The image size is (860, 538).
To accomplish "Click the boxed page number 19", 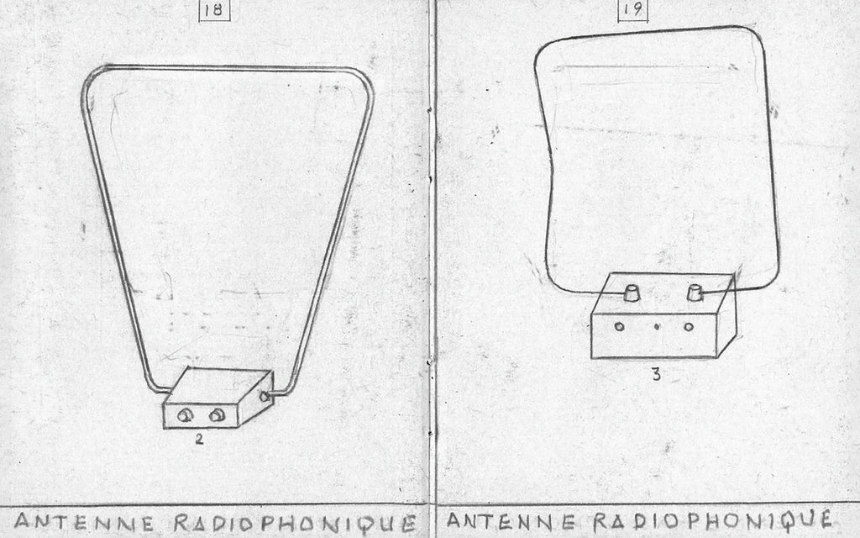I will [x=633, y=11].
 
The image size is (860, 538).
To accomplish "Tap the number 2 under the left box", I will [x=199, y=437].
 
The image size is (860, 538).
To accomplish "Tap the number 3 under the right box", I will [x=656, y=375].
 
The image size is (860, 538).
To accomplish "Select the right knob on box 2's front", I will [x=217, y=414].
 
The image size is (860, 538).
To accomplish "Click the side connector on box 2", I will [x=265, y=395].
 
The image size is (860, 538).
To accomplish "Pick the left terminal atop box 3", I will [x=632, y=293].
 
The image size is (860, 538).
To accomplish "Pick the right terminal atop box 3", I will [x=695, y=293].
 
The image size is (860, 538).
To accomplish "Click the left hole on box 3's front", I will [x=620, y=326].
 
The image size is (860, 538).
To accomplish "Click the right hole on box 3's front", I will [x=689, y=326].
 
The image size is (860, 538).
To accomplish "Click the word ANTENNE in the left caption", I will [x=81, y=520].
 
